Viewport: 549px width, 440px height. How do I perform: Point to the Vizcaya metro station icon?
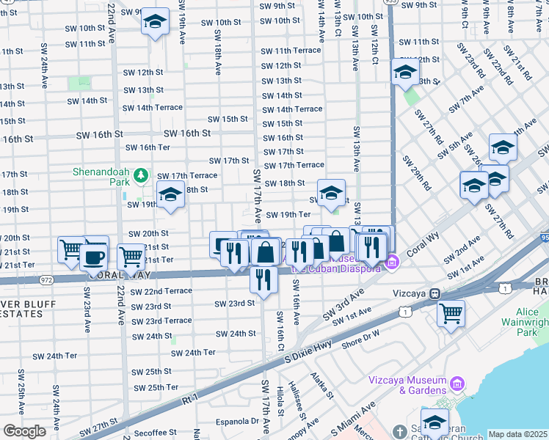pos(435,293)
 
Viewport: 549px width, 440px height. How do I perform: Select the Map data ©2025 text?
pos(517,434)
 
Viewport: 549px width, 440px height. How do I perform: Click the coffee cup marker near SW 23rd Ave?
pos(93,257)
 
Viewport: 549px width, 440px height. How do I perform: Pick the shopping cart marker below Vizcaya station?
pos(451,313)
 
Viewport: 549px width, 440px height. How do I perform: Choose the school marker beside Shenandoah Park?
pos(171,195)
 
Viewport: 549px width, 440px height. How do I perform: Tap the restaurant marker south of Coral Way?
pos(263,280)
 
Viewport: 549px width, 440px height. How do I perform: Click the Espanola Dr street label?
pos(240,422)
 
